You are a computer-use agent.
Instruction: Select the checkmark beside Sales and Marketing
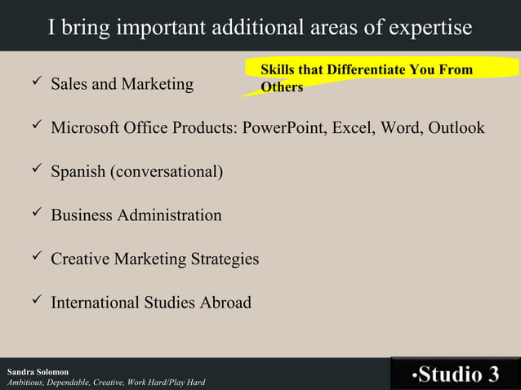point(33,83)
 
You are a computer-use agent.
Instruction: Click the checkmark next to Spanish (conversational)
point(33,171)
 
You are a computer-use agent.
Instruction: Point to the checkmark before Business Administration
point(33,215)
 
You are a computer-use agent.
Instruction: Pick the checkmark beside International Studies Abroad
point(33,302)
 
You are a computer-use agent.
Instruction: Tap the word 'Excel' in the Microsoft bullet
point(352,128)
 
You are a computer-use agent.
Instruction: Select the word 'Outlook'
point(454,128)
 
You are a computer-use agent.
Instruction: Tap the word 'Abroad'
point(225,303)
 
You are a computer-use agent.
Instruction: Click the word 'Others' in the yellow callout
point(282,86)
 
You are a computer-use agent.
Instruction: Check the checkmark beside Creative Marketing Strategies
point(33,259)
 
